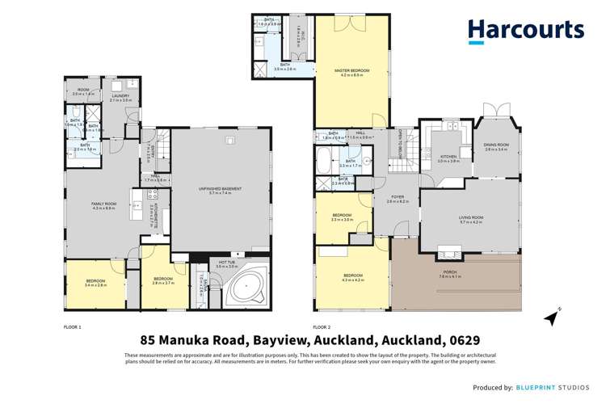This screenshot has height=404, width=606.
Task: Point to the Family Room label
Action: click(103, 206)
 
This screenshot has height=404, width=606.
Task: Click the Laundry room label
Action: click(120, 98)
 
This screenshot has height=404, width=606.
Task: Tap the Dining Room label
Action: click(496, 147)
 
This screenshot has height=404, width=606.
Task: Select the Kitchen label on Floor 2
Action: click(448, 158)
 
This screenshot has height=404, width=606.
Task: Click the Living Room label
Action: click(471, 219)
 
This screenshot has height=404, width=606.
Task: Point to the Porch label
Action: click(448, 274)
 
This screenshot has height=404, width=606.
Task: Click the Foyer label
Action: click(398, 198)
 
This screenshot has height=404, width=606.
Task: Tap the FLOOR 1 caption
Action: click(73, 326)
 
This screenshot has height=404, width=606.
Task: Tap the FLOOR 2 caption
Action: click(321, 326)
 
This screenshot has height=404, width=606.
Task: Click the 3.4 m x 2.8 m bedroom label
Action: click(96, 284)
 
